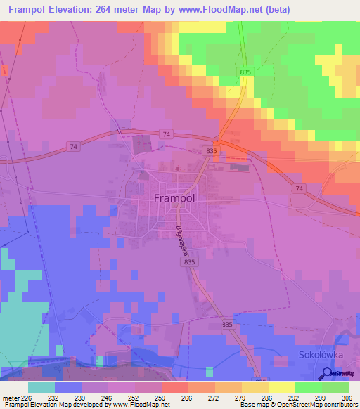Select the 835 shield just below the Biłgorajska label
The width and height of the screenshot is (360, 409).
[188, 261]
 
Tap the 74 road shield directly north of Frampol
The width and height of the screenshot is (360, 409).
[165, 134]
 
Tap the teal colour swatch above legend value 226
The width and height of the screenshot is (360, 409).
[41, 387]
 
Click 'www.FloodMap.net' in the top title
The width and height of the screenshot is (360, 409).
[216, 10]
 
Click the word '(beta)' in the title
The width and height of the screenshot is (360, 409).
[274, 10]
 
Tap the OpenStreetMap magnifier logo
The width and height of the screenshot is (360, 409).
[326, 375]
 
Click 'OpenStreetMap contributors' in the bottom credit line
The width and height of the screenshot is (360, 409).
[319, 405]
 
